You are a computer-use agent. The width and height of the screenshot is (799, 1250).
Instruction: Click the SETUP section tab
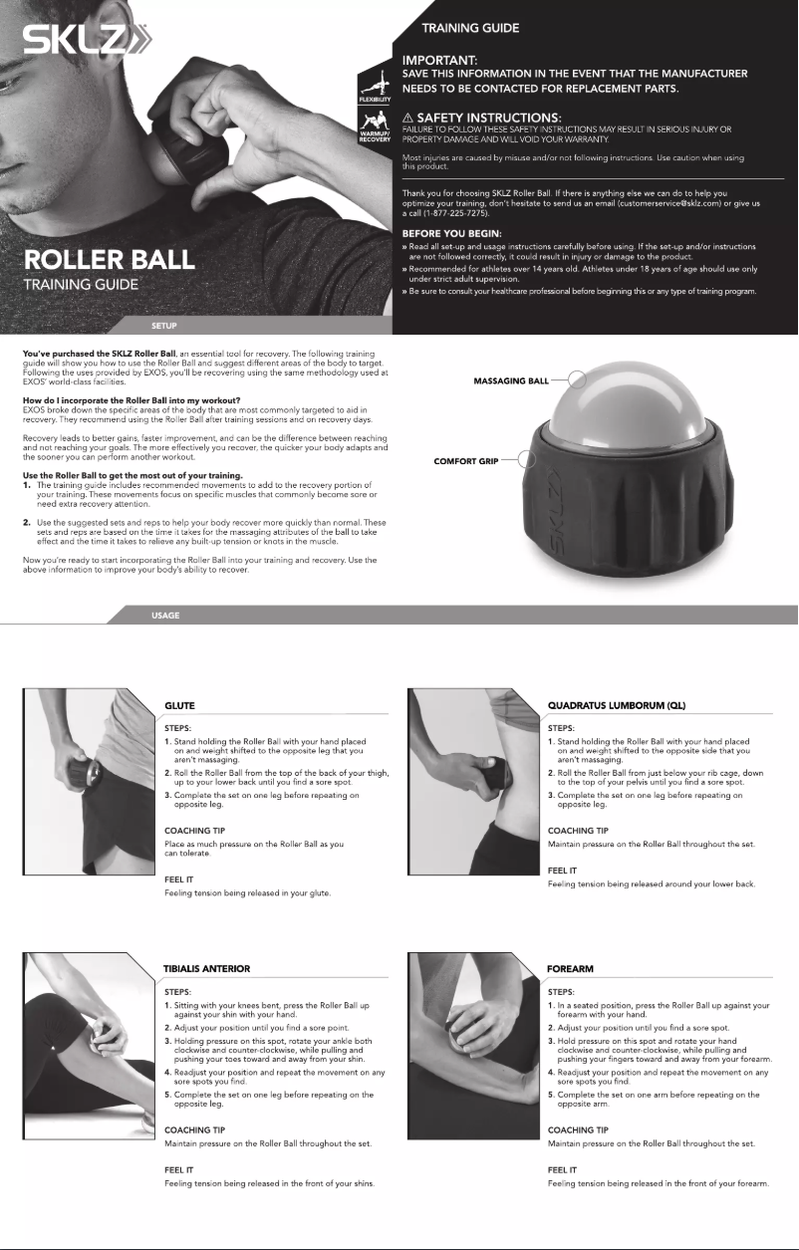[163, 324]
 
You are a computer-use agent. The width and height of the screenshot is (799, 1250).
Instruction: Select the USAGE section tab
[164, 616]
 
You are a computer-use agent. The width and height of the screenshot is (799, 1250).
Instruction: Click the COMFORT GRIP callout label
[466, 461]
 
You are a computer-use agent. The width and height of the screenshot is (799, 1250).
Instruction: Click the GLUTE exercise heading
[179, 705]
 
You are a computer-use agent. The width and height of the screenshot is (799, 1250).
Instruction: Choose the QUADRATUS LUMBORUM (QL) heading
[617, 705]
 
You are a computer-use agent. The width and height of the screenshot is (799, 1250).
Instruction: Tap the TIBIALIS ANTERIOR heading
[206, 968]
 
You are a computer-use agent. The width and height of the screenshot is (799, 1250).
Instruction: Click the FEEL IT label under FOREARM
[564, 1169]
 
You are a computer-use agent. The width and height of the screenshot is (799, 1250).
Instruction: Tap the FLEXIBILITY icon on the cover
[374, 88]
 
